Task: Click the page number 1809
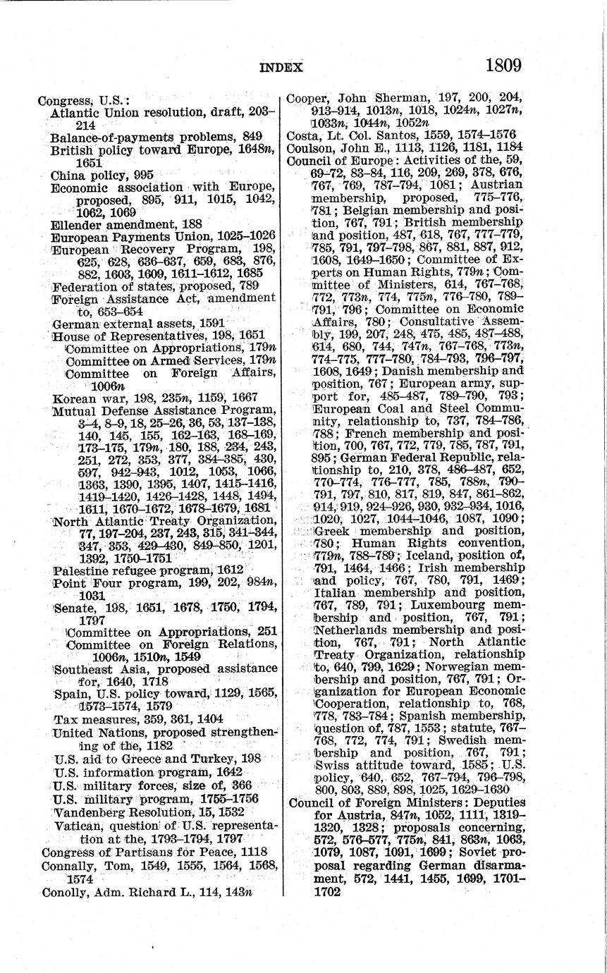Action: pyautogui.click(x=503, y=66)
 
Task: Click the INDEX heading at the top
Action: pyautogui.click(x=281, y=68)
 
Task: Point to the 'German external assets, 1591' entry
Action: pyautogui.click(x=139, y=324)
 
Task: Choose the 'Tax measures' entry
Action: pyautogui.click(x=87, y=719)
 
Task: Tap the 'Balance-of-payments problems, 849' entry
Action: pyautogui.click(x=156, y=136)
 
